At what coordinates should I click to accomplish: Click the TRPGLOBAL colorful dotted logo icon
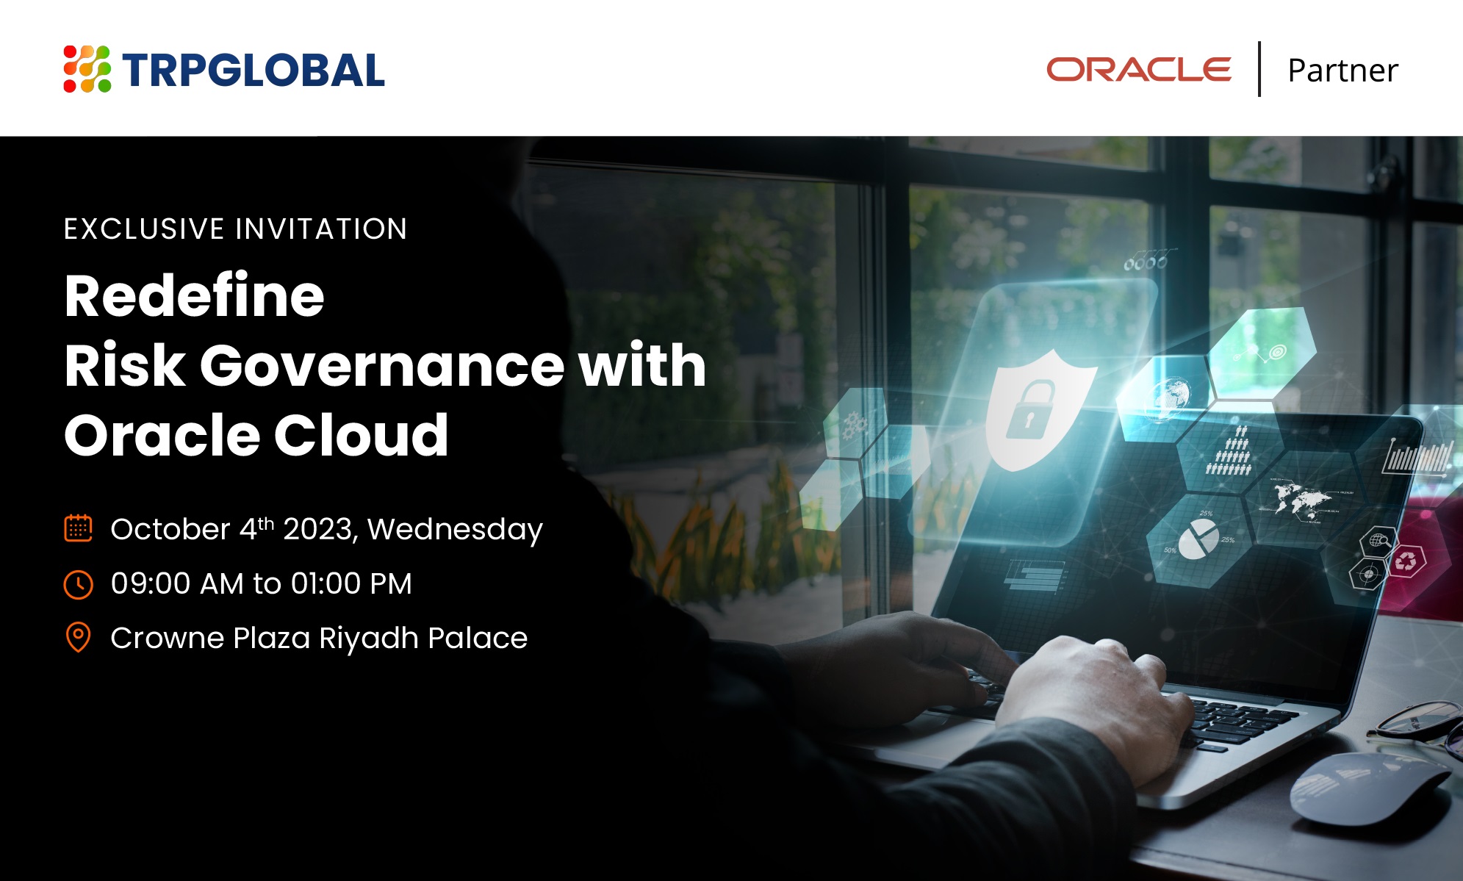click(x=87, y=69)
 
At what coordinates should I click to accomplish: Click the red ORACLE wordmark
click(x=1138, y=70)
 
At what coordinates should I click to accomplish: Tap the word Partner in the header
click(x=1342, y=71)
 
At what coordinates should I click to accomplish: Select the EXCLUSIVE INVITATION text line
click(x=235, y=229)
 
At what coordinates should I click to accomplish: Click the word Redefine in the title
click(x=194, y=295)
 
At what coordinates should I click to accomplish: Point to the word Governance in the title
click(x=381, y=365)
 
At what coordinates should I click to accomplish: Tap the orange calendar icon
click(x=78, y=528)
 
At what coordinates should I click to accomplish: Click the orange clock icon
click(x=78, y=584)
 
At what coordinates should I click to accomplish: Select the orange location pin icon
click(x=78, y=637)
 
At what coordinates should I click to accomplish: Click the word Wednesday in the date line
click(x=455, y=530)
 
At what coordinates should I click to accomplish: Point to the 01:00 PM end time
click(x=351, y=583)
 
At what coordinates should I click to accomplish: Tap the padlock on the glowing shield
click(x=1029, y=409)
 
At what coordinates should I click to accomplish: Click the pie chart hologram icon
click(x=1198, y=538)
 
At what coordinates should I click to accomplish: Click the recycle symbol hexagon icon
click(x=1405, y=561)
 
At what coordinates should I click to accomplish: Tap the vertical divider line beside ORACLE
click(x=1259, y=69)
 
